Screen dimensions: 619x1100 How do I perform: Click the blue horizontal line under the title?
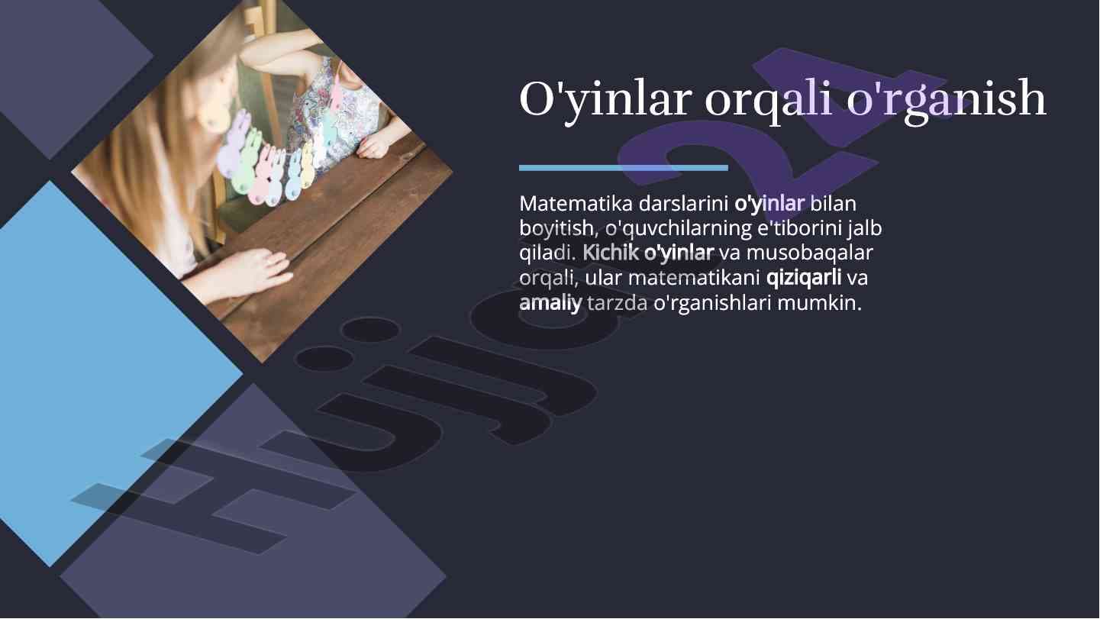623,167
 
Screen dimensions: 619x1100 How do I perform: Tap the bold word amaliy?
550,302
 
